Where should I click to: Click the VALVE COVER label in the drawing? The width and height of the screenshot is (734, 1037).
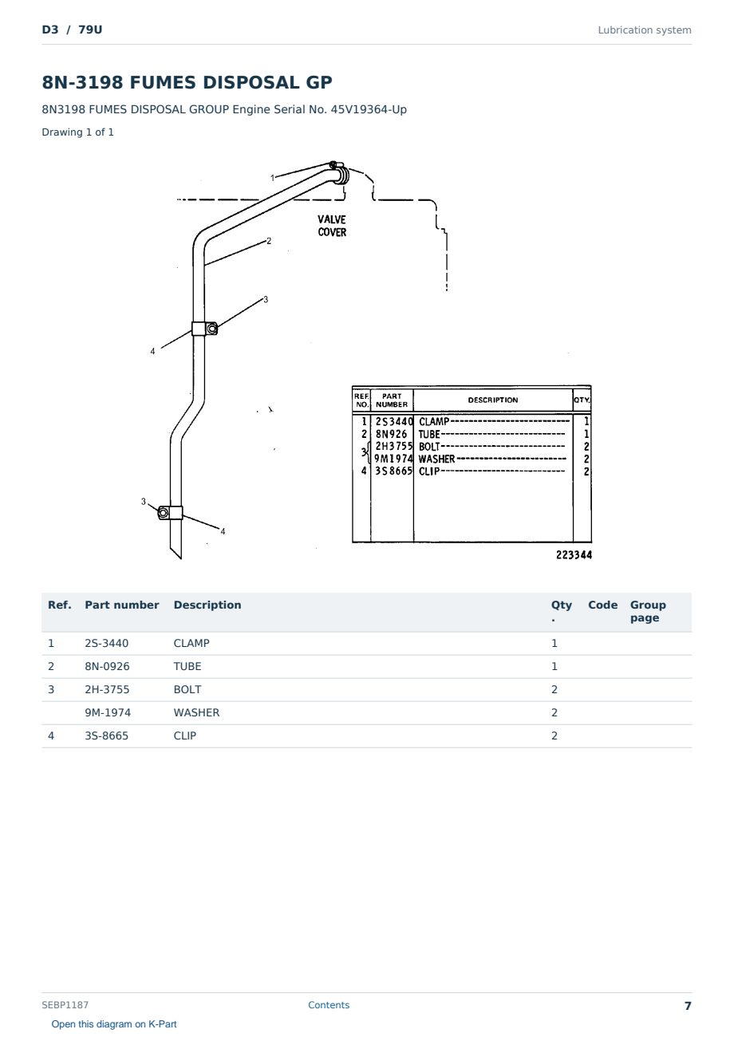[x=332, y=226]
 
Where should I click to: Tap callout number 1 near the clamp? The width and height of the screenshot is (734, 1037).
[x=272, y=177]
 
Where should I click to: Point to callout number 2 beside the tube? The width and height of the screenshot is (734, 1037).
[x=269, y=241]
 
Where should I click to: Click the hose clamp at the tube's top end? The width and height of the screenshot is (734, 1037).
[x=340, y=172]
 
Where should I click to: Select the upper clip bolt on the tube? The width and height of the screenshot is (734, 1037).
[x=212, y=329]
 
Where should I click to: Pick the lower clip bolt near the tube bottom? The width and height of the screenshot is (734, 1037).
[x=163, y=513]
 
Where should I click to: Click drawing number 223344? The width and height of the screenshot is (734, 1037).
[x=574, y=554]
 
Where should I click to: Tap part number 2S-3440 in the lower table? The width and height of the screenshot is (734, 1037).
[x=107, y=643]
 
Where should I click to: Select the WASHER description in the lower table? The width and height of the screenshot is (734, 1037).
[x=196, y=712]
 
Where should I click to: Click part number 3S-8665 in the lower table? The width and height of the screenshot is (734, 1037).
[x=107, y=735]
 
